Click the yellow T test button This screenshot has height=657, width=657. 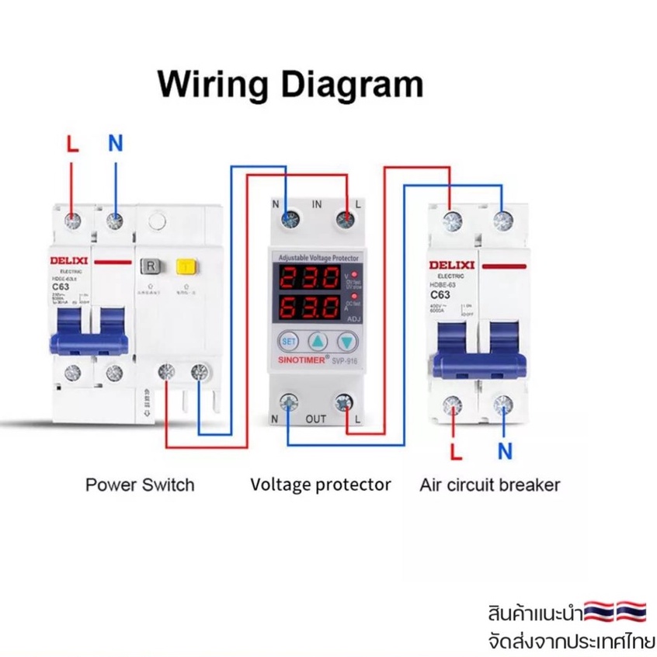click(x=185, y=268)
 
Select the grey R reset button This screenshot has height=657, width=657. click(x=149, y=268)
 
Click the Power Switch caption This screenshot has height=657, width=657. click(x=140, y=485)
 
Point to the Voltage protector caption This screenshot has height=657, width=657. click(x=321, y=485)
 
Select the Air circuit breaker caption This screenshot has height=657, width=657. click(x=489, y=485)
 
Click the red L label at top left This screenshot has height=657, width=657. click(x=72, y=144)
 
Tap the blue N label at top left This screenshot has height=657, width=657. click(x=115, y=144)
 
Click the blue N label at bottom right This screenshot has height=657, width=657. click(x=506, y=450)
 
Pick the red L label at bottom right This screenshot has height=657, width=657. click(x=457, y=450)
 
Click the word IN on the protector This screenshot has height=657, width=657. click(x=317, y=204)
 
